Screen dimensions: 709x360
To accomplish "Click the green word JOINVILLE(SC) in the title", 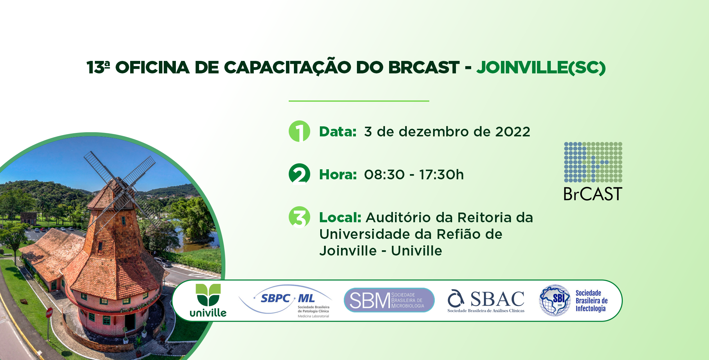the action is click(x=541, y=67).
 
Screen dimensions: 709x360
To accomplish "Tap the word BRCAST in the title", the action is click(x=424, y=67).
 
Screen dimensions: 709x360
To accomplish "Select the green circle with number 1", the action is click(x=299, y=131).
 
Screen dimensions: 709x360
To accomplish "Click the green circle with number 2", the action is click(x=299, y=174).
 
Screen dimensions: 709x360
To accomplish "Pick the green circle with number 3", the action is click(x=299, y=217).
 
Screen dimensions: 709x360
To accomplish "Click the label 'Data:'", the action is click(x=338, y=132).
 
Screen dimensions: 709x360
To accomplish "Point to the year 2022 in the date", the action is click(x=513, y=132).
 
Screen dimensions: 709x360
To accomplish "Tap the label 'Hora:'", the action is click(x=338, y=174).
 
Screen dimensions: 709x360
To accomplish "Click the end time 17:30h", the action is click(x=441, y=174).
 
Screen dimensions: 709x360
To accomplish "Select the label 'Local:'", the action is click(x=340, y=217).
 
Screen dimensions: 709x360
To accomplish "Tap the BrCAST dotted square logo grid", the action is click(x=593, y=162).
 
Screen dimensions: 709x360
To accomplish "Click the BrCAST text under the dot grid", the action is click(x=593, y=194).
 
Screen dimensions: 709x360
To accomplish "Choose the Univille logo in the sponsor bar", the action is click(x=208, y=300).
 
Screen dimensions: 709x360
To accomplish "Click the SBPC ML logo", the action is click(x=285, y=300).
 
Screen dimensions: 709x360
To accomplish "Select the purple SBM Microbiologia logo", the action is click(x=389, y=300).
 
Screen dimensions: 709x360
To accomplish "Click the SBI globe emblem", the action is click(x=555, y=300).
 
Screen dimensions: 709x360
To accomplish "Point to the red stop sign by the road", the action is click(x=49, y=313).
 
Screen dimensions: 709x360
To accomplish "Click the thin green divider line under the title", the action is click(x=359, y=101).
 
